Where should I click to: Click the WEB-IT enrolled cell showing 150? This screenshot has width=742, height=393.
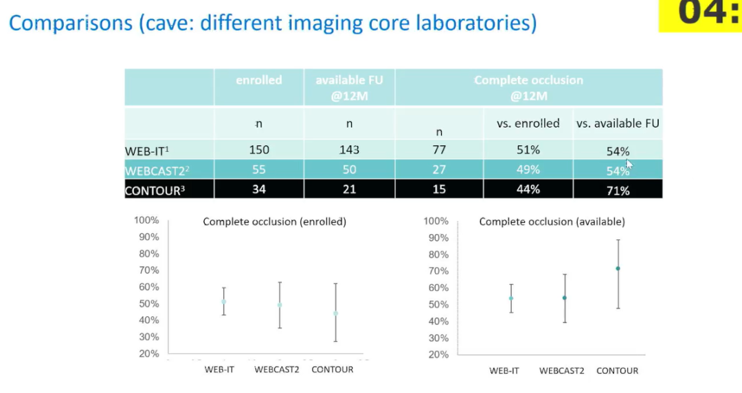pyautogui.click(x=259, y=150)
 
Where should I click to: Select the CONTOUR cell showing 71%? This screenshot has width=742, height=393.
pyautogui.click(x=618, y=191)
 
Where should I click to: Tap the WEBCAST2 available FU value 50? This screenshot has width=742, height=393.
pyautogui.click(x=350, y=169)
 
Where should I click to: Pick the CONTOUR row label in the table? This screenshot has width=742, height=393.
pyautogui.click(x=155, y=191)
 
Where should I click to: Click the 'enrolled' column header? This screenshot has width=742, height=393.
pyautogui.click(x=259, y=80)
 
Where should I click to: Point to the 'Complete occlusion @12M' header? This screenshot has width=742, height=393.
pyautogui.click(x=528, y=88)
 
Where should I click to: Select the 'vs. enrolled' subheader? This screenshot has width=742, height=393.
pyautogui.click(x=528, y=123)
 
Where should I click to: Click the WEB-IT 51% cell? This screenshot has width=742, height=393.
pyautogui.click(x=528, y=150)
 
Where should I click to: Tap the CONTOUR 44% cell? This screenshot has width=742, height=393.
pyautogui.click(x=528, y=189)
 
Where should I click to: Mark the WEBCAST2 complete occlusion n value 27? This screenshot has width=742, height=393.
pyautogui.click(x=439, y=169)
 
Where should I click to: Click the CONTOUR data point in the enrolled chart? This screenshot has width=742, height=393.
pyautogui.click(x=335, y=313)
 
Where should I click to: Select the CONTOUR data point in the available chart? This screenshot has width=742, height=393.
pyautogui.click(x=618, y=268)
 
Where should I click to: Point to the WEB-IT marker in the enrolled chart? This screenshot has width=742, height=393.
pyautogui.click(x=224, y=302)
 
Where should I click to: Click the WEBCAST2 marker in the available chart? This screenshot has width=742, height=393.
pyautogui.click(x=565, y=298)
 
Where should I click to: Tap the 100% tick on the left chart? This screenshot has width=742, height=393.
pyautogui.click(x=146, y=220)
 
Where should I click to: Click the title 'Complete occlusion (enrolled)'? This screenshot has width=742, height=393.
pyautogui.click(x=274, y=222)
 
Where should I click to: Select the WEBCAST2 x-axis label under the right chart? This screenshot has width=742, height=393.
pyautogui.click(x=561, y=371)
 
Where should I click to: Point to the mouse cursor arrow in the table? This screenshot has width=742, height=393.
pyautogui.click(x=629, y=164)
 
